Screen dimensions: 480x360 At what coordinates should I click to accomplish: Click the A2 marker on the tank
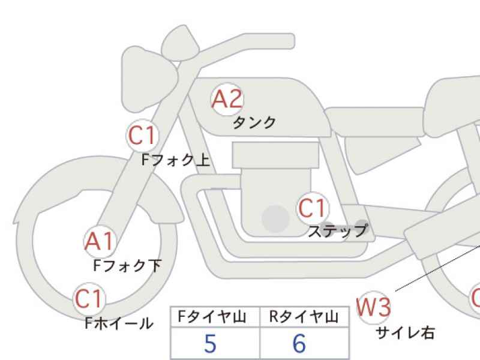[227, 99]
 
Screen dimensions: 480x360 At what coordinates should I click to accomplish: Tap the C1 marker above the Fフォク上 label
[142, 136]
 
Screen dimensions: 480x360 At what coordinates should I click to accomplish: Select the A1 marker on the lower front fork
[100, 242]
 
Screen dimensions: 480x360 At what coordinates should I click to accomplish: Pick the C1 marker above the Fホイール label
[89, 299]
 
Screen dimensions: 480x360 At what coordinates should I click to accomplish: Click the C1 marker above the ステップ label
[313, 208]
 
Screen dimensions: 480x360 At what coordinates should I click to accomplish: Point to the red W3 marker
[373, 307]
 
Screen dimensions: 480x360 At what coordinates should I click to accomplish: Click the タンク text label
[254, 123]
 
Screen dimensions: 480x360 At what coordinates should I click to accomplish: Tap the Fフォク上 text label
[176, 160]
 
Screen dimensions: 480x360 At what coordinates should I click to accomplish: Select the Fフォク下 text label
[127, 265]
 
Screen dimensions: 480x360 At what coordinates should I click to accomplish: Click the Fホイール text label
[119, 323]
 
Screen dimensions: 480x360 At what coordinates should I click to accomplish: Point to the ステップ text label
[338, 231]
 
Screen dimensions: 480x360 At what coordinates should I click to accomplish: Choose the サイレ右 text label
[405, 332]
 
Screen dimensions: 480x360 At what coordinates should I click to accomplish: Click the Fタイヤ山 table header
[212, 317]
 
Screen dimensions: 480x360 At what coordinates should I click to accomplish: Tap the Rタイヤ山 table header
[304, 317]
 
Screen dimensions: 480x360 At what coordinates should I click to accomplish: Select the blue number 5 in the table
[211, 343]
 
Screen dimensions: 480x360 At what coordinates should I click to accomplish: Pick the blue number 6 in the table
[299, 343]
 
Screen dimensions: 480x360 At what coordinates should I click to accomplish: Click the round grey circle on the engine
[275, 218]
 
